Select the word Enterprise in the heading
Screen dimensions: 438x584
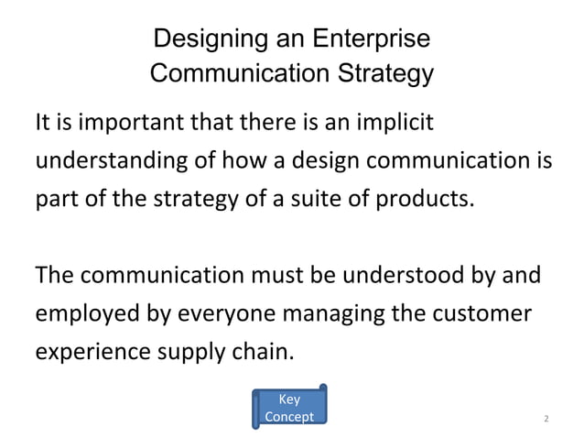pyautogui.click(x=371, y=41)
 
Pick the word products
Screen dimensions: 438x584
pyautogui.click(x=429, y=199)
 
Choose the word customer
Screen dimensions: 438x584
pyautogui.click(x=480, y=313)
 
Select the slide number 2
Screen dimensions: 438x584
pyautogui.click(x=546, y=419)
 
